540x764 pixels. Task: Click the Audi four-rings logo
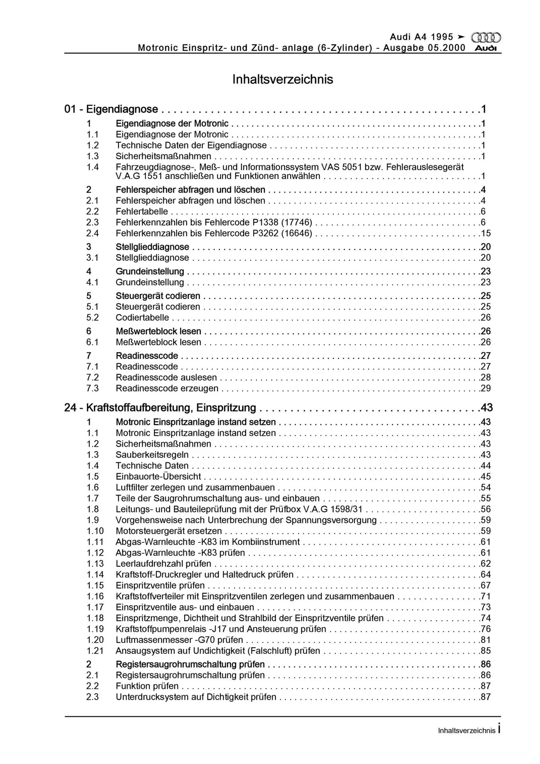tap(485, 38)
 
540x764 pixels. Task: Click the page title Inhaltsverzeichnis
tap(283, 79)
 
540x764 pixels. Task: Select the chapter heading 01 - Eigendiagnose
tap(111, 109)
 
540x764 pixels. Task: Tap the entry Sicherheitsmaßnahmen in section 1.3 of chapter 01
tap(163, 156)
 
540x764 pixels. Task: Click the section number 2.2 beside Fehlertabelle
tap(93, 212)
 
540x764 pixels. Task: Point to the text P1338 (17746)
tap(282, 222)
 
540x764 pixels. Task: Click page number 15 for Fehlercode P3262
tap(485, 233)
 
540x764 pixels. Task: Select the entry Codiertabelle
tap(142, 318)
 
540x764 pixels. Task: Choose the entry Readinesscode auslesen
tap(166, 378)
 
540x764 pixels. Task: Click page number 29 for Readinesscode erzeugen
tap(485, 388)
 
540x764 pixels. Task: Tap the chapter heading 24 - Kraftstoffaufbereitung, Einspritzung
tap(160, 408)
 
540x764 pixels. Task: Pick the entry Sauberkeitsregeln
tap(152, 455)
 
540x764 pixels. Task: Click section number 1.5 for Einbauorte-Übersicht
tap(93, 477)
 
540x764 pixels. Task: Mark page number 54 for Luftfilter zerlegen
tap(485, 487)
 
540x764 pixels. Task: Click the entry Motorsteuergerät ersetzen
tap(169, 531)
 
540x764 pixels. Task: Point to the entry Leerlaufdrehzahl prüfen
tap(163, 564)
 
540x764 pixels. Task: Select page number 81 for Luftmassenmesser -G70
tap(485, 640)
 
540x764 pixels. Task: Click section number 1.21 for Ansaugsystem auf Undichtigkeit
tap(95, 651)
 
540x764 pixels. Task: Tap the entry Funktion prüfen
tap(147, 686)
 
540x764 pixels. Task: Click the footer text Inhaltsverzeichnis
tap(466, 731)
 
